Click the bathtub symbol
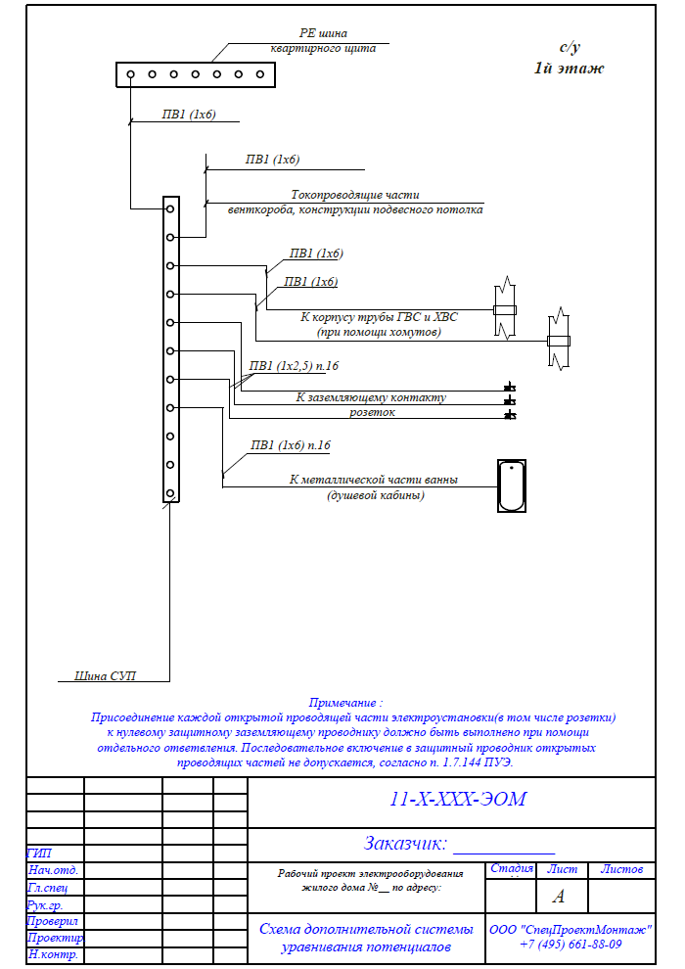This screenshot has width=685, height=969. pos(512,485)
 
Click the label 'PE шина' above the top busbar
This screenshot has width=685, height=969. pos(323,33)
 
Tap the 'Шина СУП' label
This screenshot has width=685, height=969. pos(105,675)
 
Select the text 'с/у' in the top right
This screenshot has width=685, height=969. pos(570,48)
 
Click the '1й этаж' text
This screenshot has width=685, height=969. pos(569,68)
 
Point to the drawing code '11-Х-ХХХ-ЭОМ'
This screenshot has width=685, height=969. pos(458,799)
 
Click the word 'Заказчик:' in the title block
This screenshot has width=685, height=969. pos(405,843)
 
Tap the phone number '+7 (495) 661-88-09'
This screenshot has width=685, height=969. pos(571,945)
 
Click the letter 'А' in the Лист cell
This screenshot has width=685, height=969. pos(559,896)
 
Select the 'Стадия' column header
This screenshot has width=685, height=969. pos(512,868)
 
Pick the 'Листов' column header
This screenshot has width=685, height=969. pos(622,869)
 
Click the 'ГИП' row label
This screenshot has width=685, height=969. pos(39,854)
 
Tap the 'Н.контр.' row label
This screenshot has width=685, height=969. pos(53,954)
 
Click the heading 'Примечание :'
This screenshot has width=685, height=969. pos(345,703)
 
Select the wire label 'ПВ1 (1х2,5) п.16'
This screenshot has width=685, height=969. pos(294,366)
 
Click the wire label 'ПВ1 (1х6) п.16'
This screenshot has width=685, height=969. pos(291,445)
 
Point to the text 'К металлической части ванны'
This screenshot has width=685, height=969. pos(374,480)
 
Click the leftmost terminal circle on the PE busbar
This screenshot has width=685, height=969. pos(131,74)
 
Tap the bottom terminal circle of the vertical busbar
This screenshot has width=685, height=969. pos(170,493)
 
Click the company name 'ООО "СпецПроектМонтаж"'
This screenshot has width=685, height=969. pos(571,930)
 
